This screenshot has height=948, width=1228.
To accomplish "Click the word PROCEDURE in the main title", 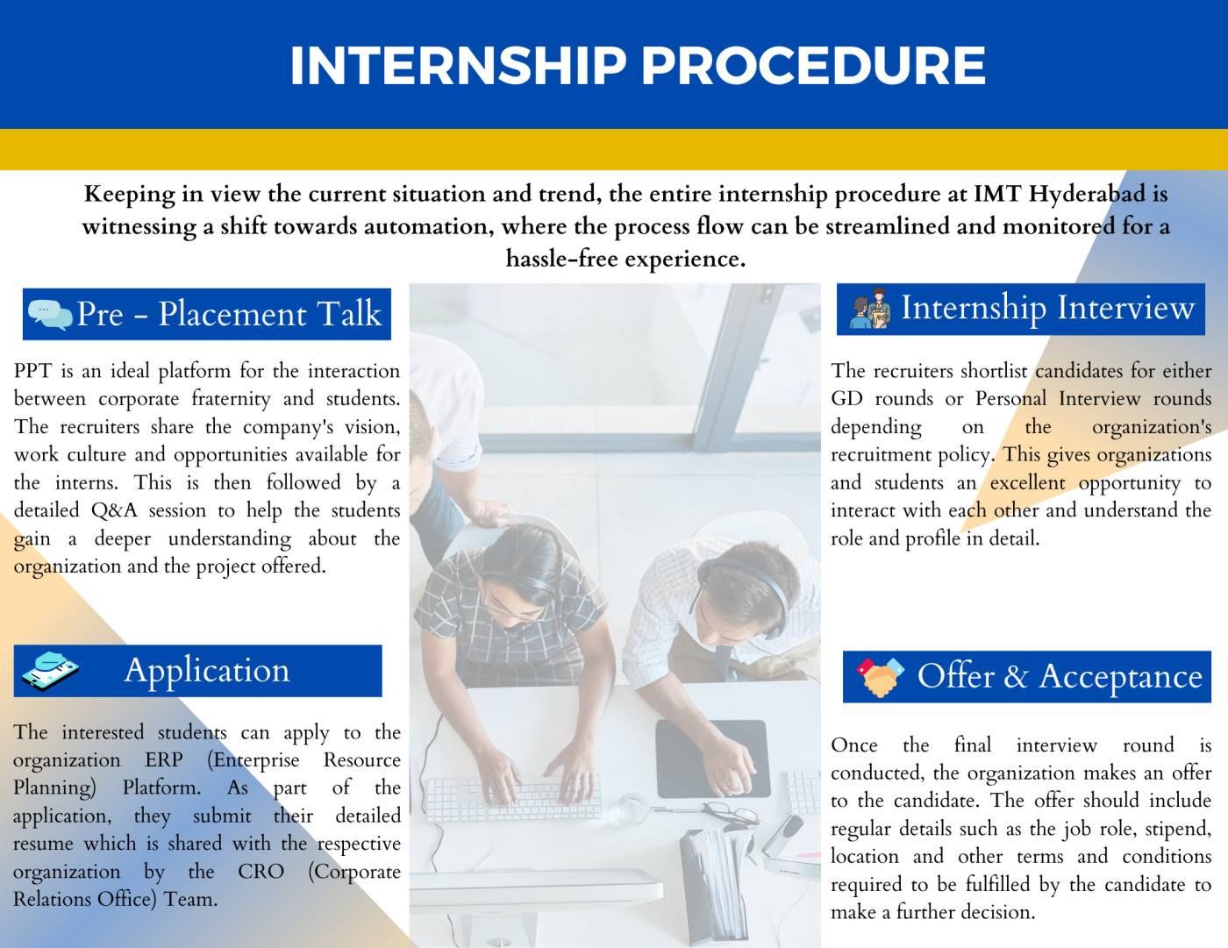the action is [813, 66].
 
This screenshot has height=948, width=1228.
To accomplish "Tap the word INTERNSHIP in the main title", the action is [458, 66].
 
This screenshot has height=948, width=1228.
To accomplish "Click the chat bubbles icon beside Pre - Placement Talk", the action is [50, 315].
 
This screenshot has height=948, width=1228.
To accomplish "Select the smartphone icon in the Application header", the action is [50, 671].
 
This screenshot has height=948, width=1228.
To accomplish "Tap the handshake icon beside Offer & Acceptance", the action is [880, 677].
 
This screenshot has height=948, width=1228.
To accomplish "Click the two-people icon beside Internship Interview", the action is [871, 309].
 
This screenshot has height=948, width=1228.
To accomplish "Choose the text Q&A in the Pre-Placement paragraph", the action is [114, 510].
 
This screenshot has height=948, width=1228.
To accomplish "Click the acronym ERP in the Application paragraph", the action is [164, 759].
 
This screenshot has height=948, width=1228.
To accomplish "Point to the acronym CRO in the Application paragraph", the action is [261, 872].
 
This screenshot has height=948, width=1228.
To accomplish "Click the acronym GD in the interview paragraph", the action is [846, 399].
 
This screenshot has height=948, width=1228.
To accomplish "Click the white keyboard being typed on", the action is [513, 798].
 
